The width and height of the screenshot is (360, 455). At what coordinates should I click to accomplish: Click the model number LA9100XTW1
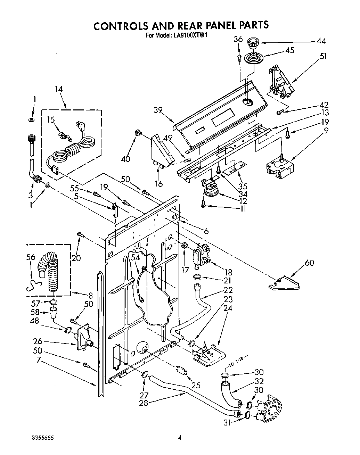pos(190,35)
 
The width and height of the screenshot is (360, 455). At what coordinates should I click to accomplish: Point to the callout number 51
pos(323,56)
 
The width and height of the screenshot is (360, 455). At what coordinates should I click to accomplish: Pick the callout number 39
pos(158,110)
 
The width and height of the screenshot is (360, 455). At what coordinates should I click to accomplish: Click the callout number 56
pos(31,257)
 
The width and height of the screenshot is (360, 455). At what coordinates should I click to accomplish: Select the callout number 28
pos(143,403)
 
